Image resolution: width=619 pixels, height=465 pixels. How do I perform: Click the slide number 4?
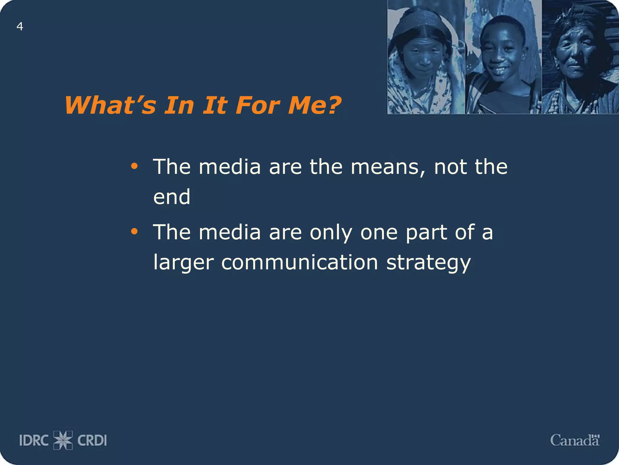tap(20, 27)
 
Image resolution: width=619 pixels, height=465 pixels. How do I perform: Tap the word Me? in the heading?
tap(314, 105)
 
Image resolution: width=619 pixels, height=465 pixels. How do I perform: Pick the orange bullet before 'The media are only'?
tap(134, 232)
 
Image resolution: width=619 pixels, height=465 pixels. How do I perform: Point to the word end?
tap(172, 197)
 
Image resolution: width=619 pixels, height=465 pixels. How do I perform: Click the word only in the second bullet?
tap(331, 232)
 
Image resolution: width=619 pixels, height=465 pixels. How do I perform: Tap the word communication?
tap(300, 262)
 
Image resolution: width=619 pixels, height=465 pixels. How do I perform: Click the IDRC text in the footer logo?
tap(34, 440)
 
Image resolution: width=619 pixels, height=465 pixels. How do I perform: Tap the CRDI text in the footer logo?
tap(92, 440)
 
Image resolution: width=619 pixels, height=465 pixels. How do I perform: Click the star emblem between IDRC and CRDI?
tap(63, 440)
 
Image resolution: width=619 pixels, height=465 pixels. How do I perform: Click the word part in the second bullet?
tap(426, 232)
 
